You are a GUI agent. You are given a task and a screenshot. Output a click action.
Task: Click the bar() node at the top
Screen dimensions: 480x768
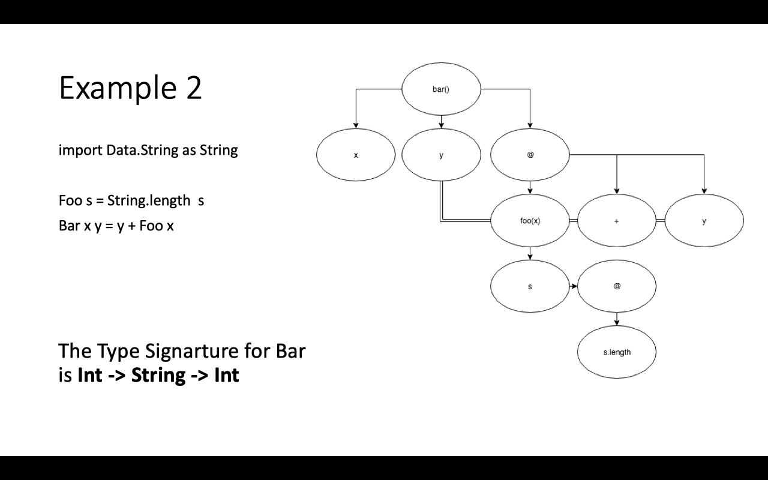(x=441, y=89)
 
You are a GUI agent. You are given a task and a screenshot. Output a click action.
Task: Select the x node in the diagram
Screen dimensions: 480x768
(x=356, y=155)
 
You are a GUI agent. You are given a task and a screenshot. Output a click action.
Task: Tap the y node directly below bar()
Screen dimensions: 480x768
(x=441, y=155)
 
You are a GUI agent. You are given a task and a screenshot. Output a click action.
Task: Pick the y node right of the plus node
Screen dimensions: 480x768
(x=704, y=221)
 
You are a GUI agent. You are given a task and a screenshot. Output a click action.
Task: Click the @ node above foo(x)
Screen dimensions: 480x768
(x=530, y=155)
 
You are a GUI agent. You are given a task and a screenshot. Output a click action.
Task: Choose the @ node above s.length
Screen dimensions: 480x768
(x=617, y=286)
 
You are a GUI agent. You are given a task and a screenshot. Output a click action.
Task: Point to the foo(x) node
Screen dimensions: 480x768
(x=530, y=221)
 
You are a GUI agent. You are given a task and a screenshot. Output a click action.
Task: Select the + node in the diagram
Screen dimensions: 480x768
(x=617, y=221)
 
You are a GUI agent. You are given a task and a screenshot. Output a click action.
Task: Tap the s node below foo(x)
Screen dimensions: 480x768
(x=530, y=286)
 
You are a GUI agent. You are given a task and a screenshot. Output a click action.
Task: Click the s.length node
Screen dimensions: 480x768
(x=617, y=352)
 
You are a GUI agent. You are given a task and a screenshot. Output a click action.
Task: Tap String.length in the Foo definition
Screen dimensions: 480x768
(x=149, y=200)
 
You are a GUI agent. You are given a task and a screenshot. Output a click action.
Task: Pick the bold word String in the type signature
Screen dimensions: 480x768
(x=158, y=375)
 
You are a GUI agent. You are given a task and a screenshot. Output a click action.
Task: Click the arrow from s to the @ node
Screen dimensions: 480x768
(x=573, y=286)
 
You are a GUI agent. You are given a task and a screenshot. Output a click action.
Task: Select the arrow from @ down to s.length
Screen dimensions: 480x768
(x=617, y=319)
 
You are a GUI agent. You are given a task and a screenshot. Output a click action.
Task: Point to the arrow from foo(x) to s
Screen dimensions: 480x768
(x=530, y=253)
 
